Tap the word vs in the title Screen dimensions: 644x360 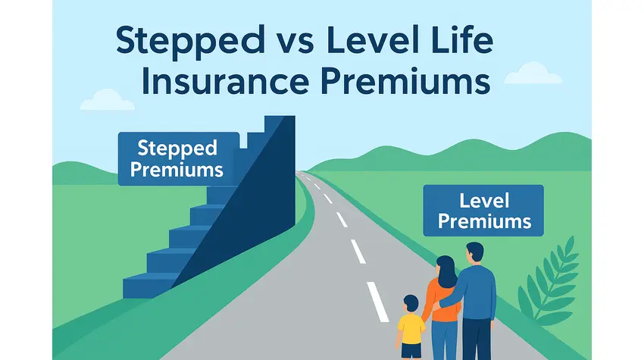(x=295, y=42)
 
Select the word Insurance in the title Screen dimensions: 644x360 (x=225, y=80)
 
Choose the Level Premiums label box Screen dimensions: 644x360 (x=483, y=211)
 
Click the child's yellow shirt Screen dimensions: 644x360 (x=411, y=328)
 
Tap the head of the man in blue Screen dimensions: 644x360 (x=475, y=252)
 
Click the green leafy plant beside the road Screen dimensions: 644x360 (x=549, y=283)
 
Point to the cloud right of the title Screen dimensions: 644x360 (x=533, y=74)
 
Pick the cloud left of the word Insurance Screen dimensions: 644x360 (x=107, y=100)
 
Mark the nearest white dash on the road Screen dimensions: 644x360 (x=377, y=302)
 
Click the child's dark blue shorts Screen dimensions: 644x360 (x=411, y=351)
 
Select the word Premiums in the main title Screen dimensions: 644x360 (x=406, y=81)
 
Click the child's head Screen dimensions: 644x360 (x=411, y=304)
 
